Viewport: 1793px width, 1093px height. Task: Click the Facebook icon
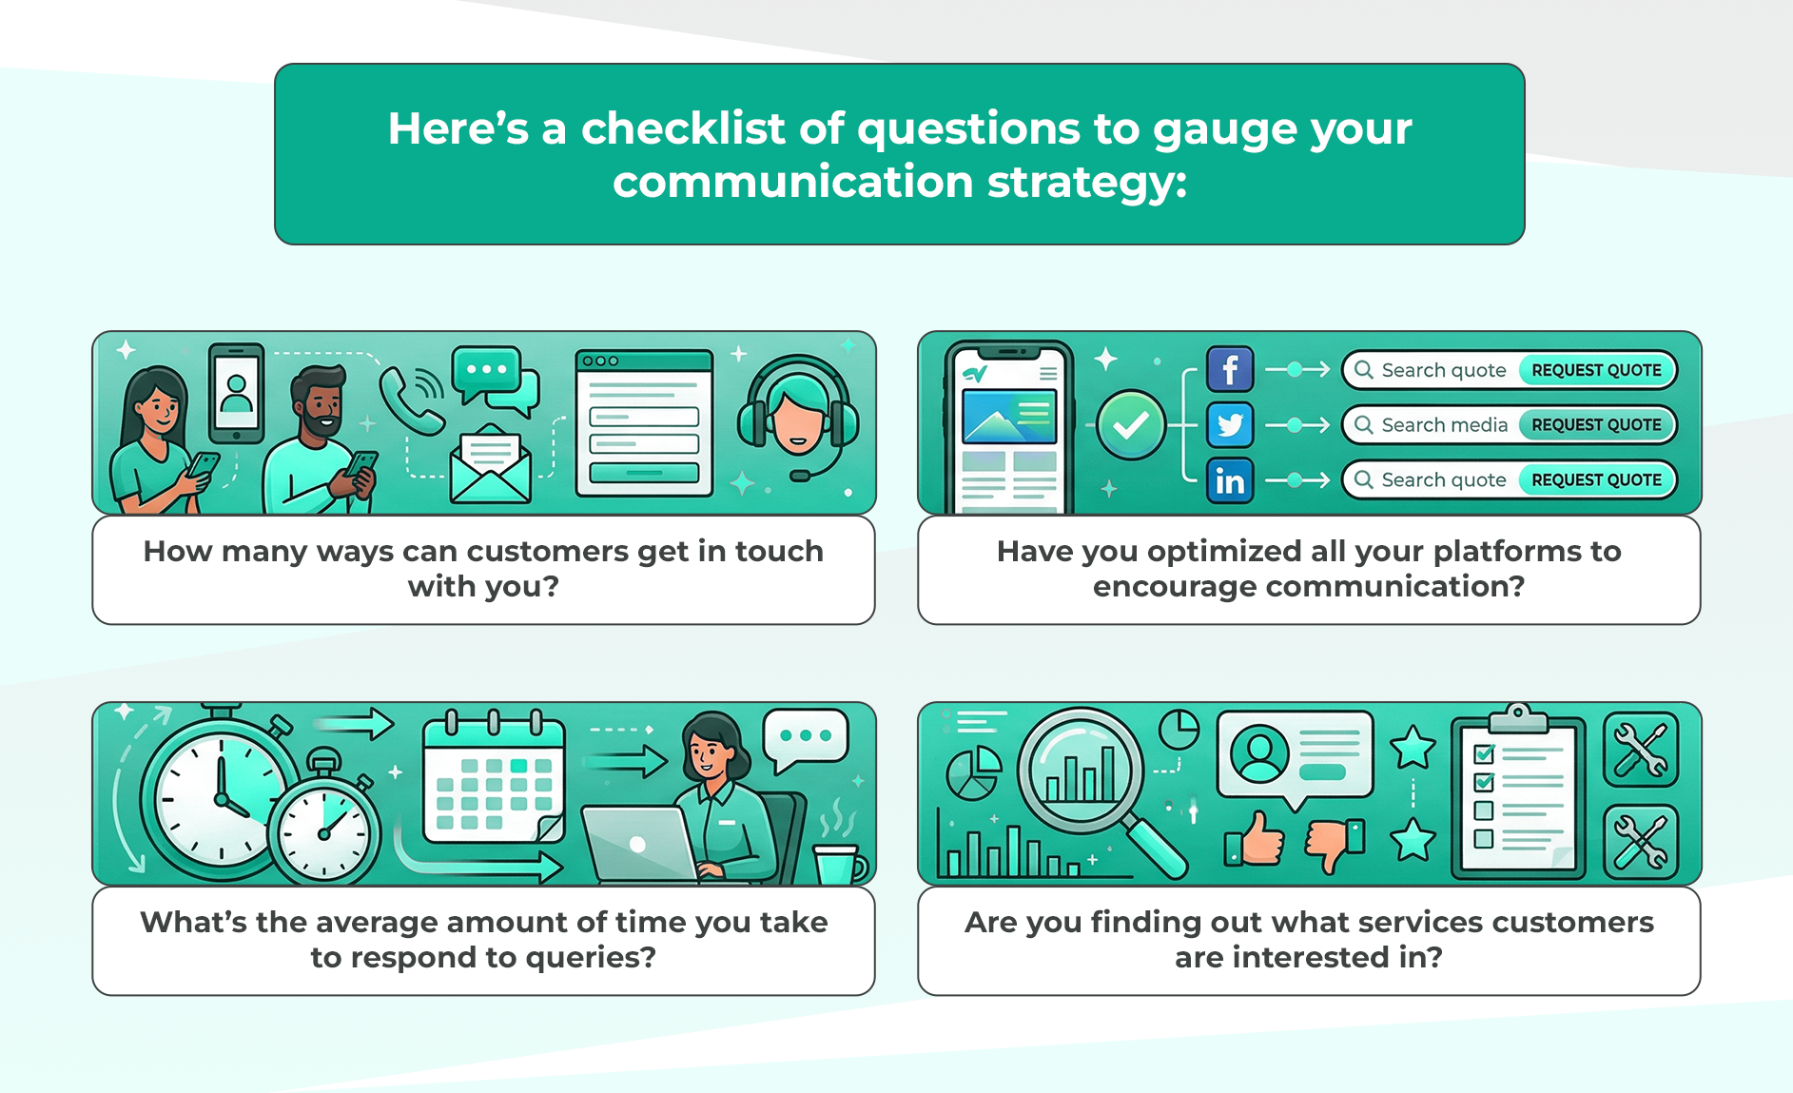coord(1230,369)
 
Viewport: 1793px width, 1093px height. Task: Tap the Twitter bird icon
coord(1230,425)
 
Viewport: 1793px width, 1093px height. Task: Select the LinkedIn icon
coord(1230,480)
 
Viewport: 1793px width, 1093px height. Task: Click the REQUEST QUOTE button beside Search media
coord(1596,425)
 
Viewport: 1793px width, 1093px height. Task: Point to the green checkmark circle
coord(1131,425)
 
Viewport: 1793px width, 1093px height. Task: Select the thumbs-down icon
coord(1334,844)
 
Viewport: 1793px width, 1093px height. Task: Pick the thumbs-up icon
coord(1255,839)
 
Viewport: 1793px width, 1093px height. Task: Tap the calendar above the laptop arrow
coord(494,776)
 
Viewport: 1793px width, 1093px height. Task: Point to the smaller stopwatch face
coord(324,833)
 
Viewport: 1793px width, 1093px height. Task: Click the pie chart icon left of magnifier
coord(974,772)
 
